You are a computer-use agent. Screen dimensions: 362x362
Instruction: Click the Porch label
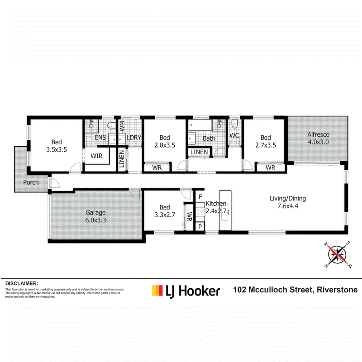(x=31, y=182)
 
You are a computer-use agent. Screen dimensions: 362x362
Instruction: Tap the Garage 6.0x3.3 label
(x=95, y=216)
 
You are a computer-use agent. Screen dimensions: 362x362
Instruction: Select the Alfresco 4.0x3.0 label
(x=319, y=138)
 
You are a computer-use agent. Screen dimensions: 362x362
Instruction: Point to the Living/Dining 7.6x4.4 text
(x=288, y=202)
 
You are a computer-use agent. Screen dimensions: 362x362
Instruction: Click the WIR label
(x=96, y=156)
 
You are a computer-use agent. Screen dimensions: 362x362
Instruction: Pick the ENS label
(x=100, y=138)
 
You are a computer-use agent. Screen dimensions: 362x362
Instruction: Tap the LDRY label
(x=134, y=138)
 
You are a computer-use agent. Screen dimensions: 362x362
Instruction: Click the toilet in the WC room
(x=234, y=124)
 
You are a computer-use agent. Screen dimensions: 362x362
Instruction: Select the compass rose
(x=337, y=255)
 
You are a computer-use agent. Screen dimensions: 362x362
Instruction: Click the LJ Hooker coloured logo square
(x=157, y=291)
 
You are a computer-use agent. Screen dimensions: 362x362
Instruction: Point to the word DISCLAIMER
(x=22, y=284)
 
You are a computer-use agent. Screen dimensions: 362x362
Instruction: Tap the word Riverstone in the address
(x=337, y=290)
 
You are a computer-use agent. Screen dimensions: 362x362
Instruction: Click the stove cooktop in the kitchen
(x=200, y=212)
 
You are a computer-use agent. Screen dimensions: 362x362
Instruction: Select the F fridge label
(x=200, y=197)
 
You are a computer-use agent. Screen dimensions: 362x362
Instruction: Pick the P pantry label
(x=200, y=227)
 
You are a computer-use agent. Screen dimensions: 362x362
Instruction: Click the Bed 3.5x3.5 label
(x=57, y=146)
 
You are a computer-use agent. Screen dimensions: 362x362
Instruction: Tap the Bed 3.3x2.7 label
(x=165, y=211)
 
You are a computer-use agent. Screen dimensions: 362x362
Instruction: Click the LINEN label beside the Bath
(x=199, y=152)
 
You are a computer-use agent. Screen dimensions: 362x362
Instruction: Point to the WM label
(x=122, y=126)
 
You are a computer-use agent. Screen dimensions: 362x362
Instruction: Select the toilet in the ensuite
(x=111, y=125)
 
